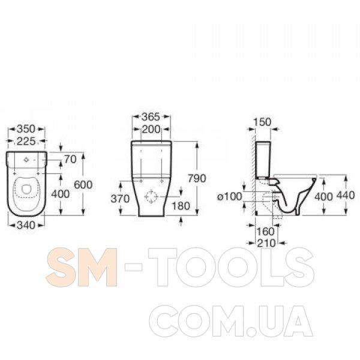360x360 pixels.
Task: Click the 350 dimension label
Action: [x=26, y=129]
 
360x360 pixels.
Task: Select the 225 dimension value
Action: [x=26, y=141]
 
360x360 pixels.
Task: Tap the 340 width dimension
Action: [x=26, y=225]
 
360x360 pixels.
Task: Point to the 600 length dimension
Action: [x=83, y=185]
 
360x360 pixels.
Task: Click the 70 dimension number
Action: [x=70, y=160]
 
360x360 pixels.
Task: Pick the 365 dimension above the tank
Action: [x=151, y=117]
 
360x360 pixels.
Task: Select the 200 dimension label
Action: [x=151, y=130]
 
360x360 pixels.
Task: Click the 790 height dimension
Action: [x=197, y=178]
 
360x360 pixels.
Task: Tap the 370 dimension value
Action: [x=120, y=199]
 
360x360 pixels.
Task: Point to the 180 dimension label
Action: [x=181, y=206]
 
